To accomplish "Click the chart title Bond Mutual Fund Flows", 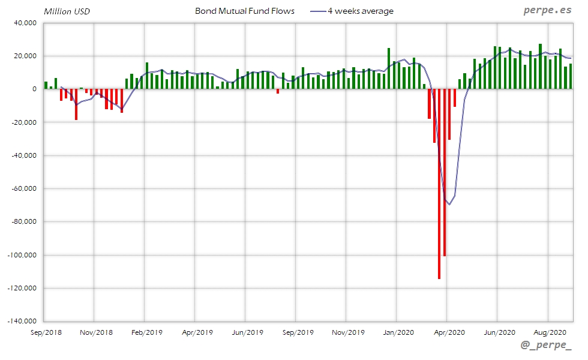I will pos(245,11).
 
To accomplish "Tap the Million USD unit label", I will pos(67,11).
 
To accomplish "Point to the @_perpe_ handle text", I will pos(546,346).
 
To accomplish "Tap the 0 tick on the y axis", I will pos(35,89).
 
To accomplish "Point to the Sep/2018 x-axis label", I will pos(46,332).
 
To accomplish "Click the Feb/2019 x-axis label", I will pos(147,332).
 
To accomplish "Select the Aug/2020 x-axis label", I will pos(550,332).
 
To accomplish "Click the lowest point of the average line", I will pos(449,205).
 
